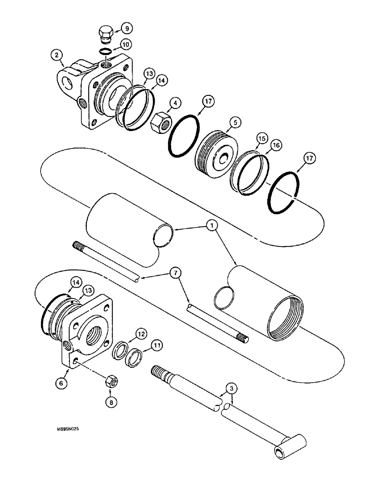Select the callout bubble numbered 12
(140, 333)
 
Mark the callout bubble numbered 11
(156, 346)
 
